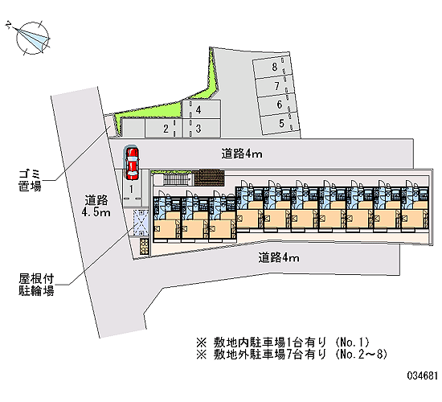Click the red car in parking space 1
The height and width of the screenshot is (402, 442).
pos(132,163)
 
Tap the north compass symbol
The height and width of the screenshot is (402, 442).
pos(32,38)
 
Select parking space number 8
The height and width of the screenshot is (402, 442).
pos(273,68)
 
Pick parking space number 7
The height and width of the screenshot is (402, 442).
pos(276,86)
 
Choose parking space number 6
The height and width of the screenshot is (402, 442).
pos(279,105)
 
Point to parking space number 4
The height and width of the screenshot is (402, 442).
pos(201,109)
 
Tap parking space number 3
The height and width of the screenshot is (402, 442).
pos(201,129)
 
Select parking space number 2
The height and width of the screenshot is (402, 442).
pos(163,129)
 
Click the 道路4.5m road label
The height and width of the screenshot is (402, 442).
pos(96,206)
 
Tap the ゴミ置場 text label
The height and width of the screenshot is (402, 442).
pos(30,180)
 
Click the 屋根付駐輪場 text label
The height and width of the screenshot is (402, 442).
pos(36,285)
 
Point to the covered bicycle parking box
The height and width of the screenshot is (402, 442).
pos(141,223)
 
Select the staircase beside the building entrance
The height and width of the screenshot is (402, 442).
pos(177,180)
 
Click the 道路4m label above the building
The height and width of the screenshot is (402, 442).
pos(242,154)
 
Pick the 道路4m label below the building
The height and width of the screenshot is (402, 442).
pos(279,257)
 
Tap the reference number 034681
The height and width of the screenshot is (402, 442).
pos(422,375)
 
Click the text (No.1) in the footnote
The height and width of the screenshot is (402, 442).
pos(352,343)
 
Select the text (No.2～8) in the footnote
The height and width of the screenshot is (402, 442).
pos(362,354)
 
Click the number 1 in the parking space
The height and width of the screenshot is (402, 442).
pos(131,189)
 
